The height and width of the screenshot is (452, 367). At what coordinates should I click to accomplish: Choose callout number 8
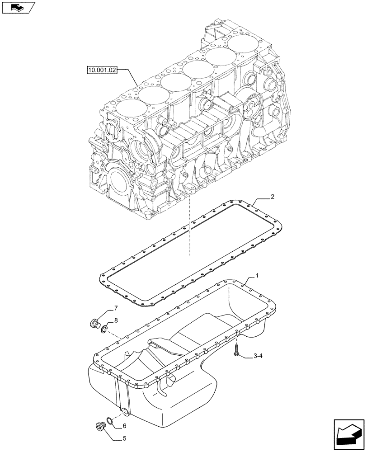116,320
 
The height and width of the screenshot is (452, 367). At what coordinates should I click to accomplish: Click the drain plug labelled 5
100,426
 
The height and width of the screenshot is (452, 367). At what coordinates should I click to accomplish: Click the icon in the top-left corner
18,8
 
